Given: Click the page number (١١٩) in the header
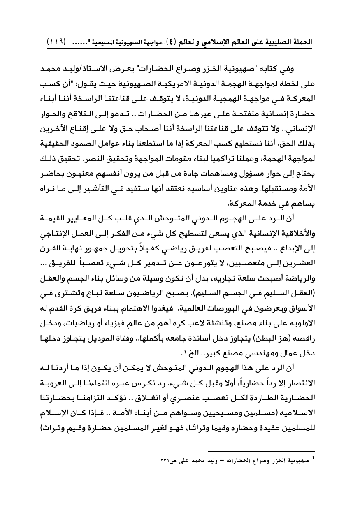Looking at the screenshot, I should coord(57,42).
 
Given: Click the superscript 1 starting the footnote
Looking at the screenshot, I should coord(313,457).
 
